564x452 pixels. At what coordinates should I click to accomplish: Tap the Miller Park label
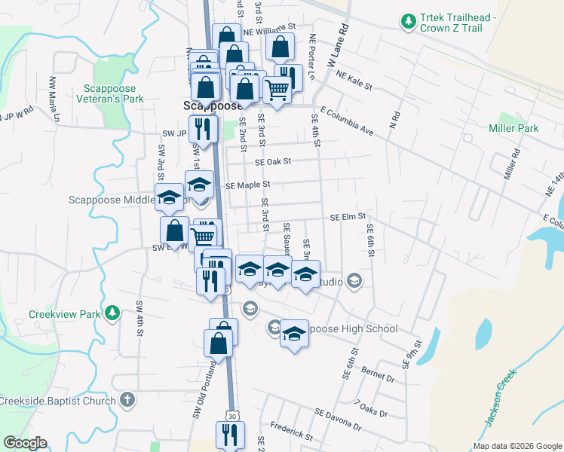pos(513,128)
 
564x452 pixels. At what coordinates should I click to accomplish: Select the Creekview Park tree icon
pos(112,312)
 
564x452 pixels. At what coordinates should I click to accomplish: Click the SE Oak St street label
pos(273,161)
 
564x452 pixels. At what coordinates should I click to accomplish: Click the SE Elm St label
pos(348,217)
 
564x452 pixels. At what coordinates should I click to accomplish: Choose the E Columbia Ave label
pos(347,120)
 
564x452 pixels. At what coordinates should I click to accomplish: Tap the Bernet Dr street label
pos(378,374)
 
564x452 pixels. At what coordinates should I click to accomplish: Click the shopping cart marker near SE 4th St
pos(277,90)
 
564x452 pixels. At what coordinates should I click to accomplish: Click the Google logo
pos(25,443)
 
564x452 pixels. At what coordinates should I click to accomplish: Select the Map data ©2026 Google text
pos(516,446)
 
